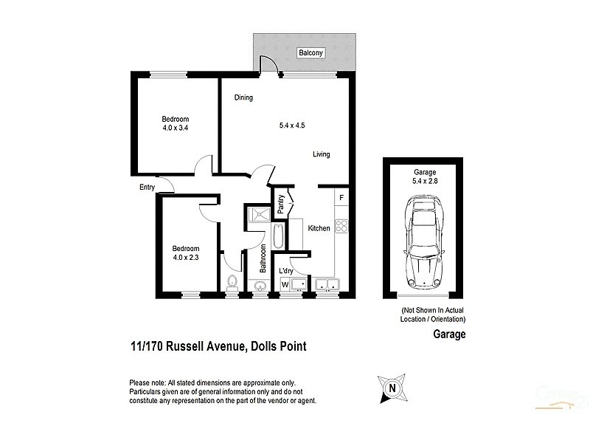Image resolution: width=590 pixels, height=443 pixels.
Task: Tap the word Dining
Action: point(244,97)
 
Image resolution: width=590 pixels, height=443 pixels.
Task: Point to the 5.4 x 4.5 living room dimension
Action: point(291,125)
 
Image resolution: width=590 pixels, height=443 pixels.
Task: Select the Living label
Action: point(321,154)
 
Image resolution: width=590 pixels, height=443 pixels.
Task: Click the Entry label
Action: point(147,188)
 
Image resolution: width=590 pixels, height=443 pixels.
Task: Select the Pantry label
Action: point(281,205)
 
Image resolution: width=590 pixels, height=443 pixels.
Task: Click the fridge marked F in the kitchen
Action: point(341,198)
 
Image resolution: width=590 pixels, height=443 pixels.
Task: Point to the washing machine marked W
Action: point(284,284)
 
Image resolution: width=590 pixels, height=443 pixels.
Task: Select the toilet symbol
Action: point(232,283)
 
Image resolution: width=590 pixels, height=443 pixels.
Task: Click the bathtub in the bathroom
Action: point(277,238)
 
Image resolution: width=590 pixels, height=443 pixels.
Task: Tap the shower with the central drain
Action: point(257,215)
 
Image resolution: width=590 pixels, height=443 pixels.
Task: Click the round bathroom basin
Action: point(260,286)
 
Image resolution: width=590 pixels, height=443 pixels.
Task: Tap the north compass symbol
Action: point(392,387)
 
